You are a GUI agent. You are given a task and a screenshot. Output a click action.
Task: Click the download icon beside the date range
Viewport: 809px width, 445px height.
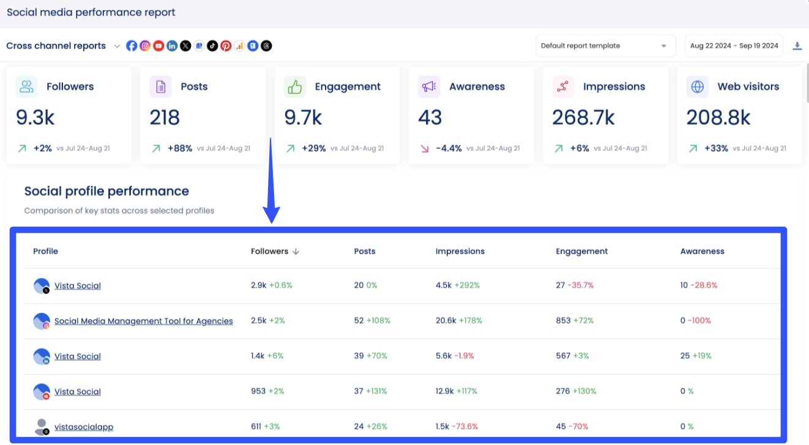pyautogui.click(x=797, y=46)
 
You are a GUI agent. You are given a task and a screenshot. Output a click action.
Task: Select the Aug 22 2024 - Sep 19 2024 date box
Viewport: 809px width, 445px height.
pyautogui.click(x=734, y=46)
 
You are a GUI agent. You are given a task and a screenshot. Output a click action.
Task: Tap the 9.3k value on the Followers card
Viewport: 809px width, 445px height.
pyautogui.click(x=35, y=117)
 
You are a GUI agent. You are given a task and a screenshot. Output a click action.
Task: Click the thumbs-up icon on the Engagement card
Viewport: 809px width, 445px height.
pyautogui.click(x=295, y=87)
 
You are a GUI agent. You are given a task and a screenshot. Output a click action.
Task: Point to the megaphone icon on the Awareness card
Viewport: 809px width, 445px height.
pyautogui.click(x=429, y=87)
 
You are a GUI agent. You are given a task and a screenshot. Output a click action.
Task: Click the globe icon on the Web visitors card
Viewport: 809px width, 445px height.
pyautogui.click(x=697, y=87)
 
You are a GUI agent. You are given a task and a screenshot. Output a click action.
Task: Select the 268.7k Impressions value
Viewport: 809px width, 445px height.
pyautogui.click(x=583, y=117)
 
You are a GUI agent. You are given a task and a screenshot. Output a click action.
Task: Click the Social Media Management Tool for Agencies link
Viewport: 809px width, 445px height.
pyautogui.click(x=143, y=321)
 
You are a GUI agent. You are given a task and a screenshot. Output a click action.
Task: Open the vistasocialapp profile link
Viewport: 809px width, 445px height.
pyautogui.click(x=84, y=427)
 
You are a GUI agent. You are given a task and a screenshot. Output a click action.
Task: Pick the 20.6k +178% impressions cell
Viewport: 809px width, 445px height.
pyautogui.click(x=458, y=320)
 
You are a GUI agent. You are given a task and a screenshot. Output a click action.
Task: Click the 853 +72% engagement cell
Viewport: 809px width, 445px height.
pyautogui.click(x=575, y=320)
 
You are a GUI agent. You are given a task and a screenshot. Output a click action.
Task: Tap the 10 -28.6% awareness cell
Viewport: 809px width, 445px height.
pyautogui.click(x=698, y=285)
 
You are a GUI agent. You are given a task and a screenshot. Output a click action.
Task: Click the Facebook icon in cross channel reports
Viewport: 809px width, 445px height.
pyautogui.click(x=132, y=46)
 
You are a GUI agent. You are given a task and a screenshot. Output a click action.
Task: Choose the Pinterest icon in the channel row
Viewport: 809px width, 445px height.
pyautogui.click(x=226, y=46)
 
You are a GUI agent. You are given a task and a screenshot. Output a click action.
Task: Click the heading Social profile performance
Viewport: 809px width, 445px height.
pyautogui.click(x=106, y=191)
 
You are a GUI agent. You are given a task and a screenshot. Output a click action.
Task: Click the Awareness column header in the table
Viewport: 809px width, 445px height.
pyautogui.click(x=702, y=251)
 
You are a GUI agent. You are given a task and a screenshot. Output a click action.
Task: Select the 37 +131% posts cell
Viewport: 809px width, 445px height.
pyautogui.click(x=370, y=391)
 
